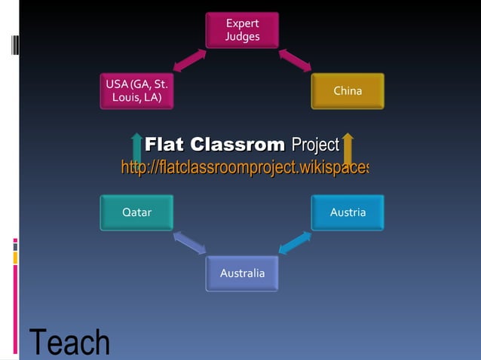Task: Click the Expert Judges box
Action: coord(242,30)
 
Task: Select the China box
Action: coord(348,91)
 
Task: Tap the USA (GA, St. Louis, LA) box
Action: coord(136,91)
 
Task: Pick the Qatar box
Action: coord(136,212)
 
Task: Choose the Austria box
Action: coord(348,212)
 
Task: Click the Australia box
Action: coord(242,273)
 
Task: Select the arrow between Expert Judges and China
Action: coord(295,61)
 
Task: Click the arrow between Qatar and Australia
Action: coord(188,243)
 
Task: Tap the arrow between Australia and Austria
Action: coord(296,243)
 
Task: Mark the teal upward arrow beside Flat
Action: coord(136,146)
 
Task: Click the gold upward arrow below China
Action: coord(347,146)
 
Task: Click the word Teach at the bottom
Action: coord(69,343)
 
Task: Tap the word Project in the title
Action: coord(315,144)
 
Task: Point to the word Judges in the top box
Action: coord(242,37)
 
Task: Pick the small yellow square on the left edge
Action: coord(15,258)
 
